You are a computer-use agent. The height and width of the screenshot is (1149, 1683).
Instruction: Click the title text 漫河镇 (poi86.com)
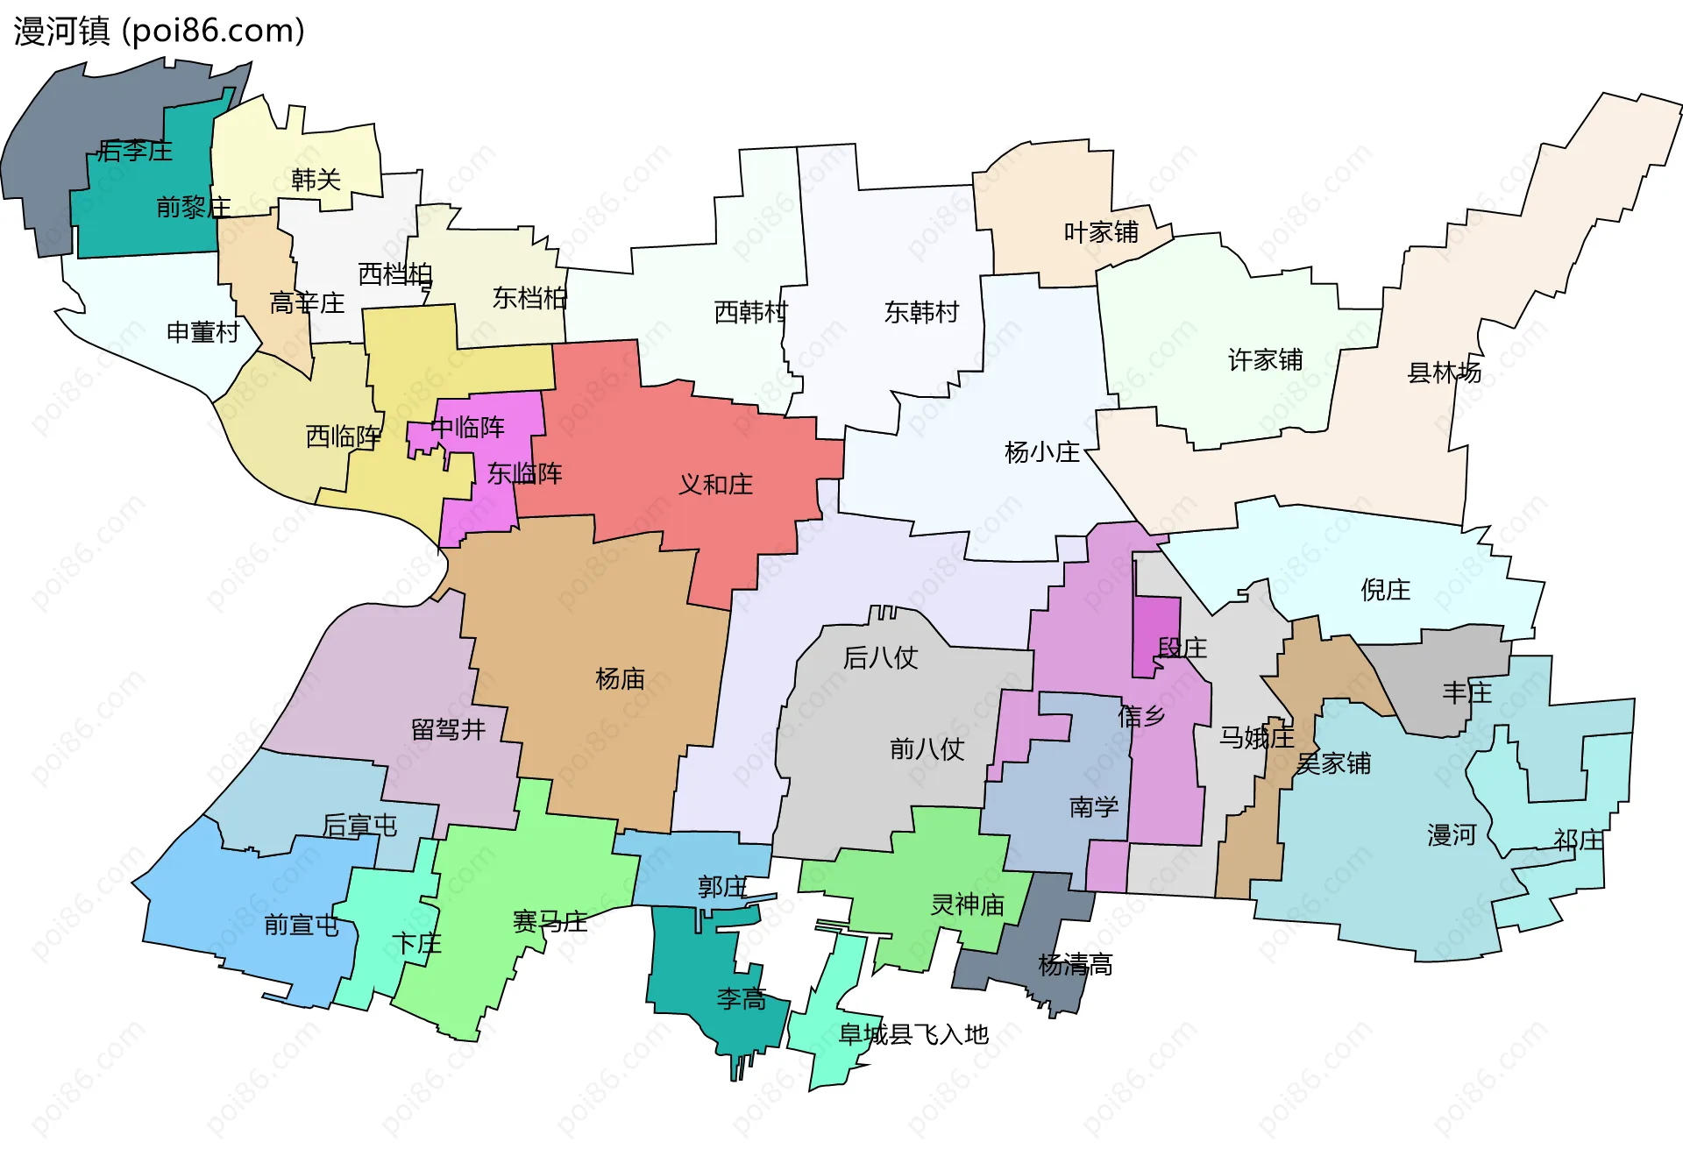pyautogui.click(x=160, y=31)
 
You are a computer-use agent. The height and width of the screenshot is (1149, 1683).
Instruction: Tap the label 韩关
pyautogui.click(x=316, y=181)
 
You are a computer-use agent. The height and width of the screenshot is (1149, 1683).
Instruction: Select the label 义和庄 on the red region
pyautogui.click(x=715, y=485)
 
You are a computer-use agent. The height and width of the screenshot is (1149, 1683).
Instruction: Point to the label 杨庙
pyautogui.click(x=620, y=678)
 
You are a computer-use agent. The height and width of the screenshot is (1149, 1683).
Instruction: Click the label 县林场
pyautogui.click(x=1444, y=372)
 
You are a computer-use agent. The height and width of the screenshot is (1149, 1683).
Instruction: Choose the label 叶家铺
pyautogui.click(x=1101, y=232)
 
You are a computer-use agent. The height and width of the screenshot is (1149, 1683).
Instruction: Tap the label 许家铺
pyautogui.click(x=1265, y=360)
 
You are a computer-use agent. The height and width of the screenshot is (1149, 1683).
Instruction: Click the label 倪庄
pyautogui.click(x=1385, y=590)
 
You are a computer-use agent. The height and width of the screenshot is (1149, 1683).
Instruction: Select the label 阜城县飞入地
pyautogui.click(x=913, y=1035)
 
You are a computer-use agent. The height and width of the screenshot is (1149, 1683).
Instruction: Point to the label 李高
pyautogui.click(x=742, y=999)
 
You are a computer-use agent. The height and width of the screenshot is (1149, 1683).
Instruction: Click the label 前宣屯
pyautogui.click(x=302, y=926)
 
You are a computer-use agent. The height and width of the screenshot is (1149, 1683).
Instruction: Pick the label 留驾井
pyautogui.click(x=448, y=730)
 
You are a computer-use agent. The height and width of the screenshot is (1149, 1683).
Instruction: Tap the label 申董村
pyautogui.click(x=202, y=333)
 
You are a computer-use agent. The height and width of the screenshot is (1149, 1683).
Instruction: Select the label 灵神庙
pyautogui.click(x=967, y=904)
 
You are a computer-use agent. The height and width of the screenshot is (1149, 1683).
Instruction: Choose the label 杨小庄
pyautogui.click(x=1041, y=453)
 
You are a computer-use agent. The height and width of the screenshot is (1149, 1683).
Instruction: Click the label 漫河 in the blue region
pyautogui.click(x=1452, y=835)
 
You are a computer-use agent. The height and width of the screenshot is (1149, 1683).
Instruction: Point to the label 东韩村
pyautogui.click(x=921, y=313)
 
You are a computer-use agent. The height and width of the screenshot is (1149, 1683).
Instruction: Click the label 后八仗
pyautogui.click(x=880, y=658)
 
